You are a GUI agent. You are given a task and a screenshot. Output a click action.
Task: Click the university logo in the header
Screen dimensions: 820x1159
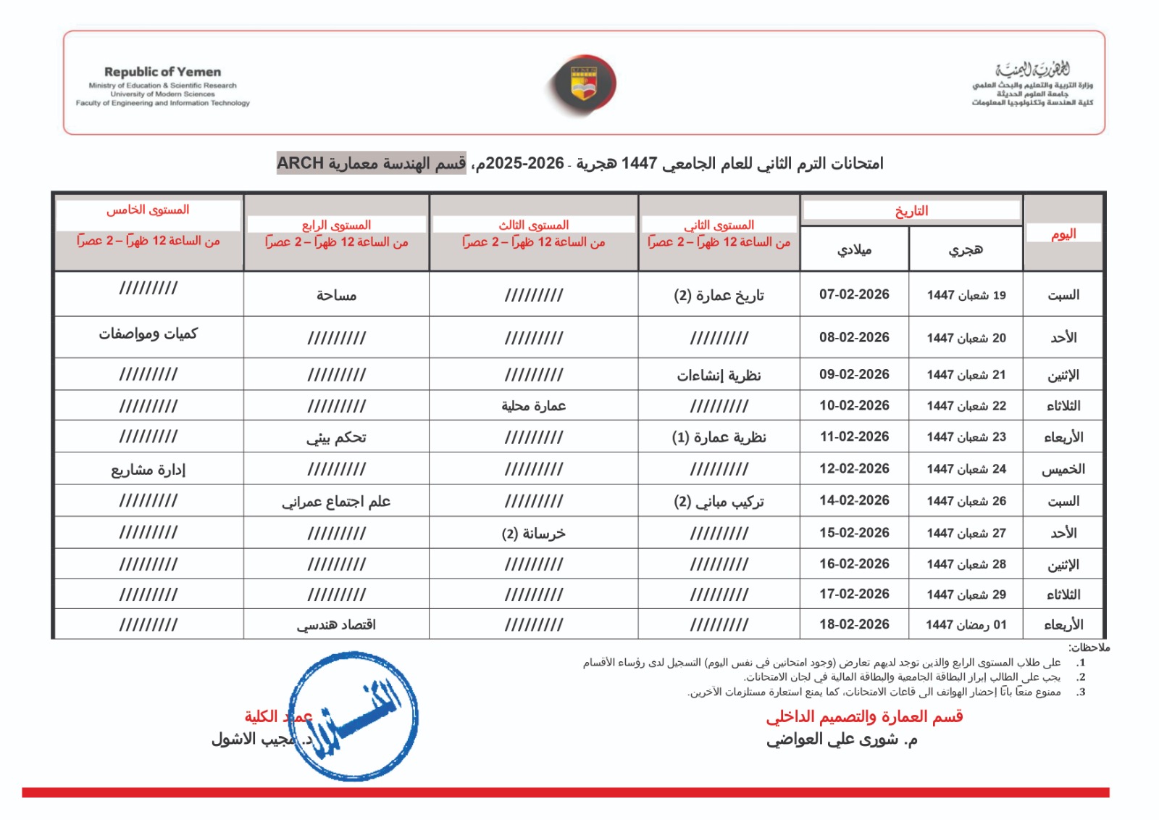pyautogui.click(x=581, y=85)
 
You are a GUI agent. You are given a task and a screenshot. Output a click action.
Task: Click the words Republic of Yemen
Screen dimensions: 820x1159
pyautogui.click(x=162, y=72)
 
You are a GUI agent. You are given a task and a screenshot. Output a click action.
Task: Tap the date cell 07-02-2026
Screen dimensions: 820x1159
pyautogui.click(x=854, y=294)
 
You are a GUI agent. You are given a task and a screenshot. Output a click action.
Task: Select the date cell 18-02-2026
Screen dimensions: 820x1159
pyautogui.click(x=854, y=624)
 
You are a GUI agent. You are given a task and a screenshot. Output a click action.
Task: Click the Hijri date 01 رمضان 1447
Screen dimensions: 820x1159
pyautogui.click(x=966, y=624)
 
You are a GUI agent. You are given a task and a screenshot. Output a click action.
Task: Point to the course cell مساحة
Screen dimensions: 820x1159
pyautogui.click(x=336, y=295)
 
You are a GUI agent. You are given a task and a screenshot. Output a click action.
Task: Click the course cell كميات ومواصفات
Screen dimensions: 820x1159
pyautogui.click(x=148, y=334)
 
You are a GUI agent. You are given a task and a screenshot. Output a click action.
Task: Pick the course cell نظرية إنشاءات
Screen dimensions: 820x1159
pyautogui.click(x=719, y=375)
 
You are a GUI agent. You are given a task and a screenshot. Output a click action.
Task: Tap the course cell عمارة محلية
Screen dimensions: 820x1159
pyautogui.click(x=533, y=406)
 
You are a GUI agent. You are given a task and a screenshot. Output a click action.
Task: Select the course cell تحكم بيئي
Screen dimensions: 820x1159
pyautogui.click(x=336, y=437)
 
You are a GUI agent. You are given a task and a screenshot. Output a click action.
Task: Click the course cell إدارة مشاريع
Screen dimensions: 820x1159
pyautogui.click(x=148, y=469)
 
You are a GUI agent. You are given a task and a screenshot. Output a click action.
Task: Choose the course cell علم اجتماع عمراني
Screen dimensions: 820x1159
pyautogui.click(x=336, y=501)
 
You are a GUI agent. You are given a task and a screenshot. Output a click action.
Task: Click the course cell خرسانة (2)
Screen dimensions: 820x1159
pyautogui.click(x=533, y=534)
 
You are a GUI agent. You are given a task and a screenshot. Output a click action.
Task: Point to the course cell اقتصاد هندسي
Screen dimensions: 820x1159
pyautogui.click(x=336, y=624)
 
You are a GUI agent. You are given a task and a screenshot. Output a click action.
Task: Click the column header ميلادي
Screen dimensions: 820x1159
pyautogui.click(x=854, y=249)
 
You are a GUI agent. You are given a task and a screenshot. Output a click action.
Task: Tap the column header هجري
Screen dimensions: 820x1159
pyautogui.click(x=966, y=249)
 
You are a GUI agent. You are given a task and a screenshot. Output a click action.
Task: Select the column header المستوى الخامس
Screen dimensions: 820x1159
pyautogui.click(x=148, y=210)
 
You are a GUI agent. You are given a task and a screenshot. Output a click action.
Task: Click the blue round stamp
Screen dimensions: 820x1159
pyautogui.click(x=353, y=716)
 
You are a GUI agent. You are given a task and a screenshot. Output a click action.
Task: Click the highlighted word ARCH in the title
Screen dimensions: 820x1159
pyautogui.click(x=300, y=163)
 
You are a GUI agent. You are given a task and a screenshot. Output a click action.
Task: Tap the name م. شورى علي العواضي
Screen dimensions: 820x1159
pyautogui.click(x=842, y=740)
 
